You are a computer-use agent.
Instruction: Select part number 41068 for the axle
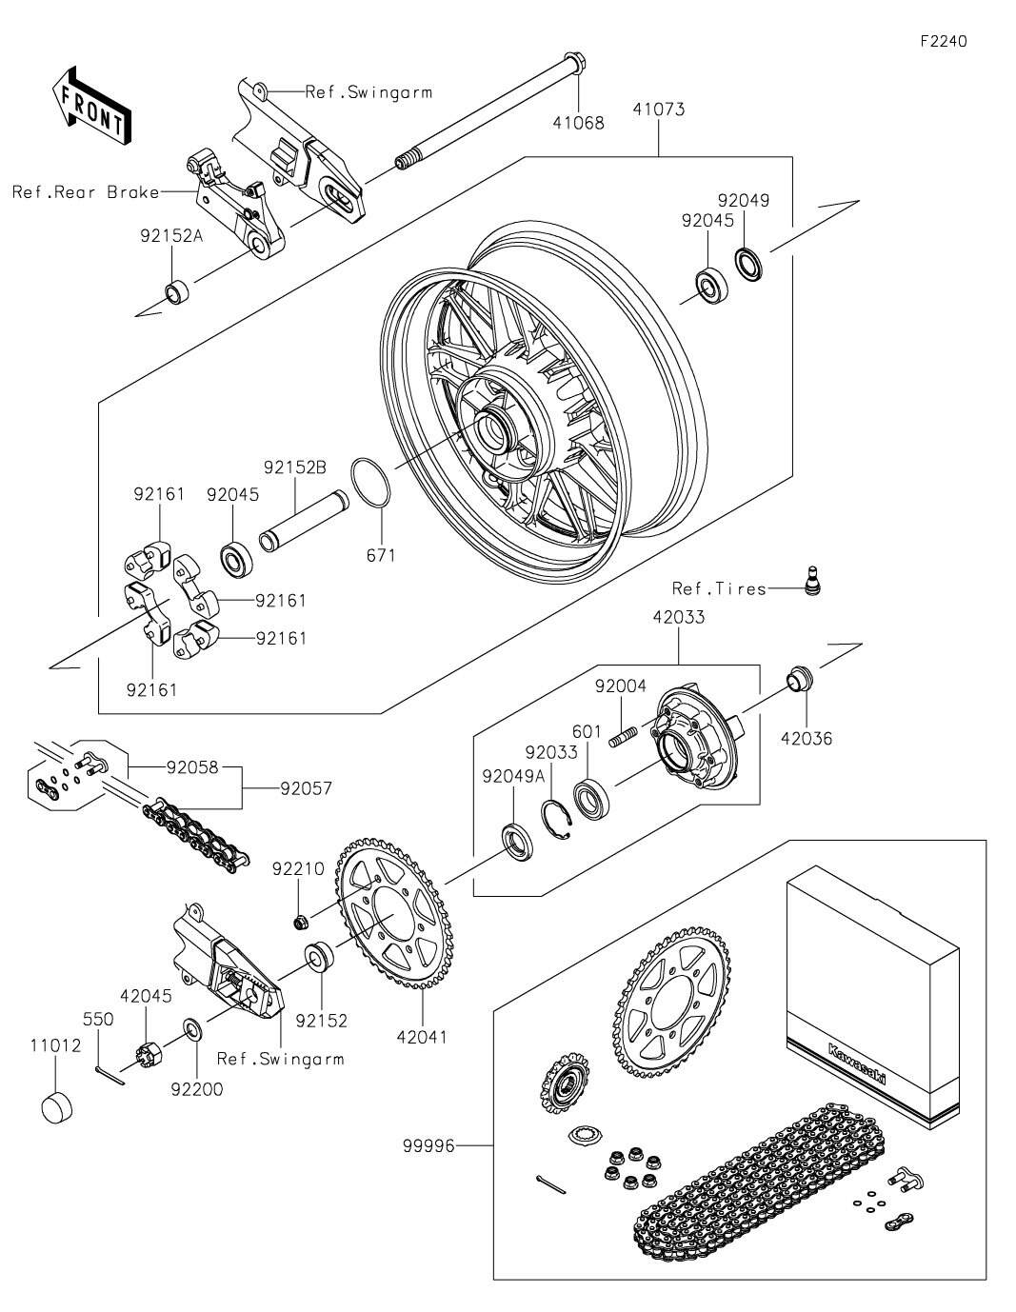tap(578, 122)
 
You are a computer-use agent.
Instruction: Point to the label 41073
tap(658, 109)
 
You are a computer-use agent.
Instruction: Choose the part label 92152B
tap(295, 467)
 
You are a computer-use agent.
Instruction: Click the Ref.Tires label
tap(719, 588)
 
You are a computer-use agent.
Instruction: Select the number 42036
tap(807, 738)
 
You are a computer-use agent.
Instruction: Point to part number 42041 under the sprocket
tap(421, 1036)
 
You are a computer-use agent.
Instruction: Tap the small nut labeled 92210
tap(299, 921)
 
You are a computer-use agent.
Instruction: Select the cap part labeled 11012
tap(58, 1108)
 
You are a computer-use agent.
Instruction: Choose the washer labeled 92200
tap(192, 1029)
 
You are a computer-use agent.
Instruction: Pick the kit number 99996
tap(428, 1146)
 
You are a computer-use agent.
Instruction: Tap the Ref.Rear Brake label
tap(86, 191)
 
